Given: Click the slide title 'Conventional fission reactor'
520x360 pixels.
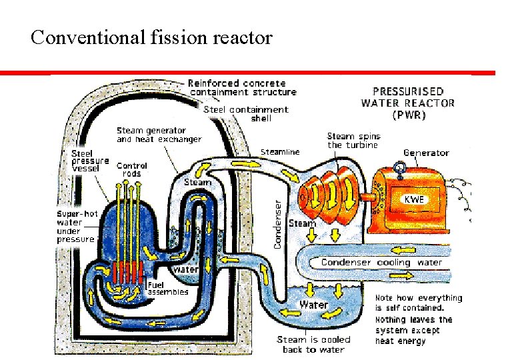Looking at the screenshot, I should tap(151, 37).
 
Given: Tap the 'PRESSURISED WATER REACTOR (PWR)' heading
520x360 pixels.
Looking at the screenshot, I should tap(407, 103).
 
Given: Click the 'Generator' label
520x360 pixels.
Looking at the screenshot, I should tap(426, 153).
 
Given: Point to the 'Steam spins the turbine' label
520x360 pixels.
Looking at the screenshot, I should tap(353, 141).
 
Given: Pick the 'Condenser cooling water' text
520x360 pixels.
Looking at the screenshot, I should tap(381, 262).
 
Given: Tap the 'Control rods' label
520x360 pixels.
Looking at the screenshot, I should tap(131, 169).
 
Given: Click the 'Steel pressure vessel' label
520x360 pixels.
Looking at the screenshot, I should tap(90, 161).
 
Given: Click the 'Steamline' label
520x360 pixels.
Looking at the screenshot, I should tap(279, 152).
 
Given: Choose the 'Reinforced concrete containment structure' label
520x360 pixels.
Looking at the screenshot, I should tap(242, 87).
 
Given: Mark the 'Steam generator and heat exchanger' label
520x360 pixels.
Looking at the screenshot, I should tap(159, 135).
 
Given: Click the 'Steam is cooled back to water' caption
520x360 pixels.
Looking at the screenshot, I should tap(313, 345).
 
